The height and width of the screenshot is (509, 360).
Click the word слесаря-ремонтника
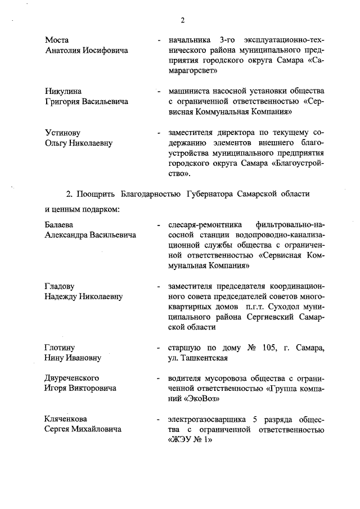[201, 225]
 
